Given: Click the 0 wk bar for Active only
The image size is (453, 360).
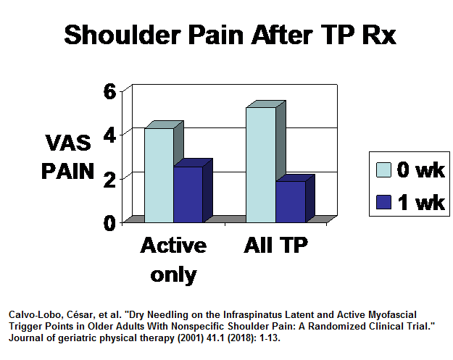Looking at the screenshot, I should point(159,175).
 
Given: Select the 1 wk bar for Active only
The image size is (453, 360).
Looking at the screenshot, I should point(188,194).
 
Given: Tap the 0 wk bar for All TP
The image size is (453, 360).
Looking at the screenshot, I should point(260,164).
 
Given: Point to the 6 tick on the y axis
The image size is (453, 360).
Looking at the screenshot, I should point(108,91).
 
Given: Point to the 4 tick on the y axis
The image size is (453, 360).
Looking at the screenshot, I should point(108,134).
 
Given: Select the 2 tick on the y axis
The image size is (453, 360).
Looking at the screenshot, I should point(108,178).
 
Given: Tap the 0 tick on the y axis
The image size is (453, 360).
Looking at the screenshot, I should point(108,222).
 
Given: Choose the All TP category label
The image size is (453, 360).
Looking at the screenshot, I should point(275,246).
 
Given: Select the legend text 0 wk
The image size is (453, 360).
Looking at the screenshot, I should point(420,170).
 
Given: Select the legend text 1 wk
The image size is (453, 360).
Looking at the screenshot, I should point(420,202).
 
